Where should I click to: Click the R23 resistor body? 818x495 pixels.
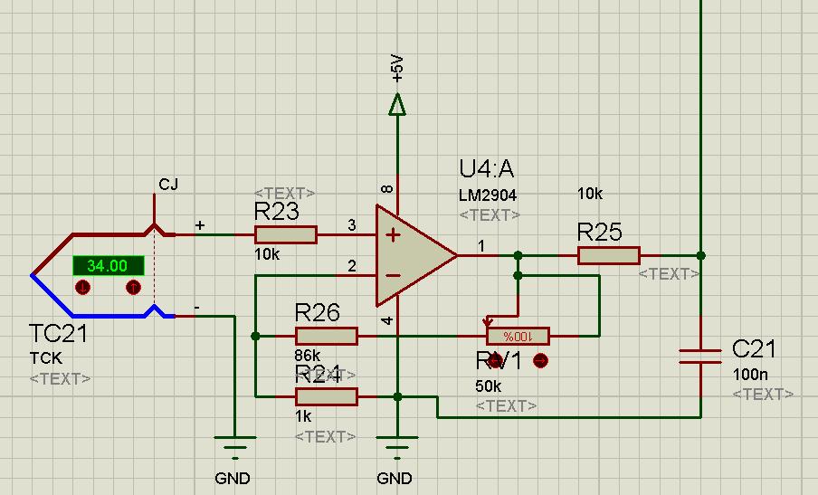[285, 235]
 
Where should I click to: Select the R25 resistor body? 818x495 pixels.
[609, 255]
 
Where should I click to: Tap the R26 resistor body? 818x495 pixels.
[327, 337]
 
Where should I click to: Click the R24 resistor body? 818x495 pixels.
[327, 395]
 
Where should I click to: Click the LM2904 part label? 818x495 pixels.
[488, 195]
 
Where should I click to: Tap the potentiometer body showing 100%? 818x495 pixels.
[518, 337]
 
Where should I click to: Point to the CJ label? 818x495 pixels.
[168, 185]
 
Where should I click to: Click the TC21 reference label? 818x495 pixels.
[58, 335]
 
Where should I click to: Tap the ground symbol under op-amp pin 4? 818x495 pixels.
[395, 446]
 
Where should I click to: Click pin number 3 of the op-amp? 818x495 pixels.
[351, 224]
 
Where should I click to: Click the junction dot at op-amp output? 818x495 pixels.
[518, 255]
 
